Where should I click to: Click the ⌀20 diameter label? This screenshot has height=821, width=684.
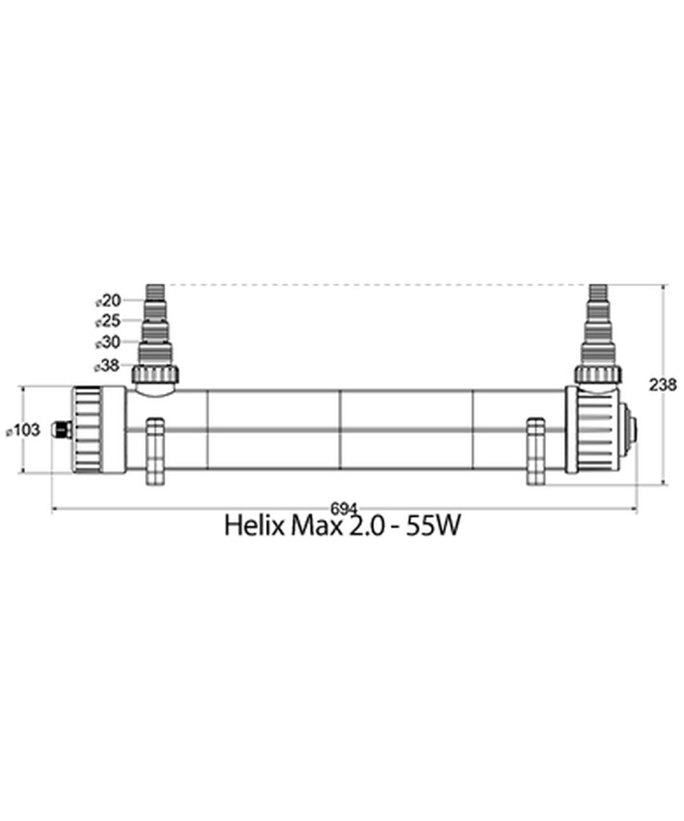point(109,301)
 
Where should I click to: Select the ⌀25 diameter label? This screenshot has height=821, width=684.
point(107,322)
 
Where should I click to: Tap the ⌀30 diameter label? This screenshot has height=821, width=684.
point(107,343)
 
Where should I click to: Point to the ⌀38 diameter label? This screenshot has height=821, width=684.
point(107,366)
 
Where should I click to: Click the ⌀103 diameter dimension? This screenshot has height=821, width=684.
point(23,430)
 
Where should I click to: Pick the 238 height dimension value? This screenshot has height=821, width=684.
point(663,385)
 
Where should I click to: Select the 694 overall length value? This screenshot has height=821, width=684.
point(344,509)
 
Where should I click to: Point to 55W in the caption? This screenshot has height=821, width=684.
point(432,526)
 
